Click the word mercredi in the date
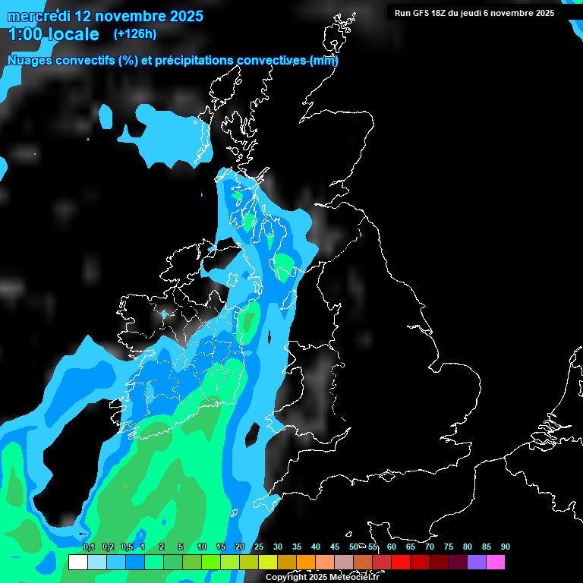pyautogui.click(x=37, y=15)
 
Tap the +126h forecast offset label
pyautogui.click(x=135, y=34)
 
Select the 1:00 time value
pyautogui.click(x=25, y=35)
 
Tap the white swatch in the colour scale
pyautogui.click(x=77, y=563)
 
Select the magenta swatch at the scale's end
pyautogui.click(x=495, y=563)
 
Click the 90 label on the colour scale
pyautogui.click(x=505, y=547)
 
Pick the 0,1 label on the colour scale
pyautogui.click(x=88, y=547)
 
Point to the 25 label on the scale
pyautogui.click(x=258, y=547)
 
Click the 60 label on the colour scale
pyautogui.click(x=391, y=547)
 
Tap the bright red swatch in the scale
pyautogui.click(x=400, y=563)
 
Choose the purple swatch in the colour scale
pyautogui.click(x=476, y=563)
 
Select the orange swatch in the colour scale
pyautogui.click(x=305, y=563)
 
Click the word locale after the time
pyautogui.click(x=74, y=35)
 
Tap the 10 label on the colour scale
pyautogui.click(x=201, y=547)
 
